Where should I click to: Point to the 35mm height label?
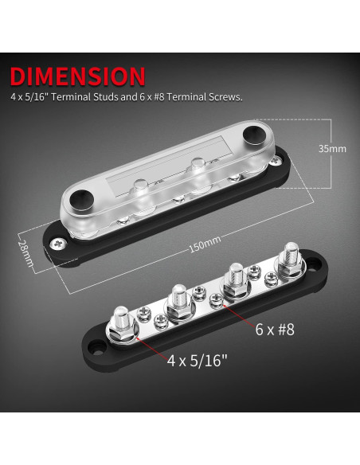[x=331, y=148]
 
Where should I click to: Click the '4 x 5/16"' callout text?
[x=198, y=359]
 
